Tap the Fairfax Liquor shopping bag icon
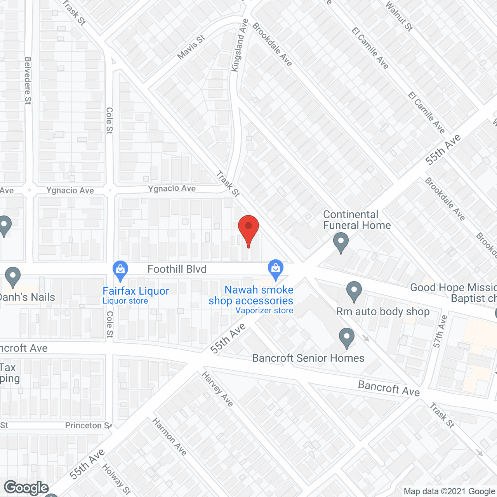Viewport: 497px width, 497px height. tap(120, 270)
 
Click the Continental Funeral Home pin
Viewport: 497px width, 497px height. tap(341, 242)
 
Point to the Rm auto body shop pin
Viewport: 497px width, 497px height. tap(354, 291)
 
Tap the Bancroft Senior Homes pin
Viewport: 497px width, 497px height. tap(347, 337)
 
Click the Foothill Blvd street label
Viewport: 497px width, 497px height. tap(177, 269)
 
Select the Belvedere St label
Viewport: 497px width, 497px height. tap(28, 81)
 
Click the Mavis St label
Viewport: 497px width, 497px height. tap(191, 47)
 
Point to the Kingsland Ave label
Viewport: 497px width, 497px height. tap(240, 45)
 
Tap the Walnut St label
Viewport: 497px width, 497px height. tap(399, 16)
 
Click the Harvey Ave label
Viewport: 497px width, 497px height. tap(217, 389)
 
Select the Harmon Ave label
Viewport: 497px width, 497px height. tap(169, 436)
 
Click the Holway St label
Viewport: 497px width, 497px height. tap(116, 479)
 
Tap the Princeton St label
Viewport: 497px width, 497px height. tap(88, 426)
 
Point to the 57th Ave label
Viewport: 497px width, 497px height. tap(440, 331)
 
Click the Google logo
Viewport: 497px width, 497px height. tap(26, 488)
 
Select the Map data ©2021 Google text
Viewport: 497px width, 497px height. tap(450, 492)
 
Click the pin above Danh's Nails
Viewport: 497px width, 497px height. tap(13, 276)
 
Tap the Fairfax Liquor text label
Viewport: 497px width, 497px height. tap(136, 291)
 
